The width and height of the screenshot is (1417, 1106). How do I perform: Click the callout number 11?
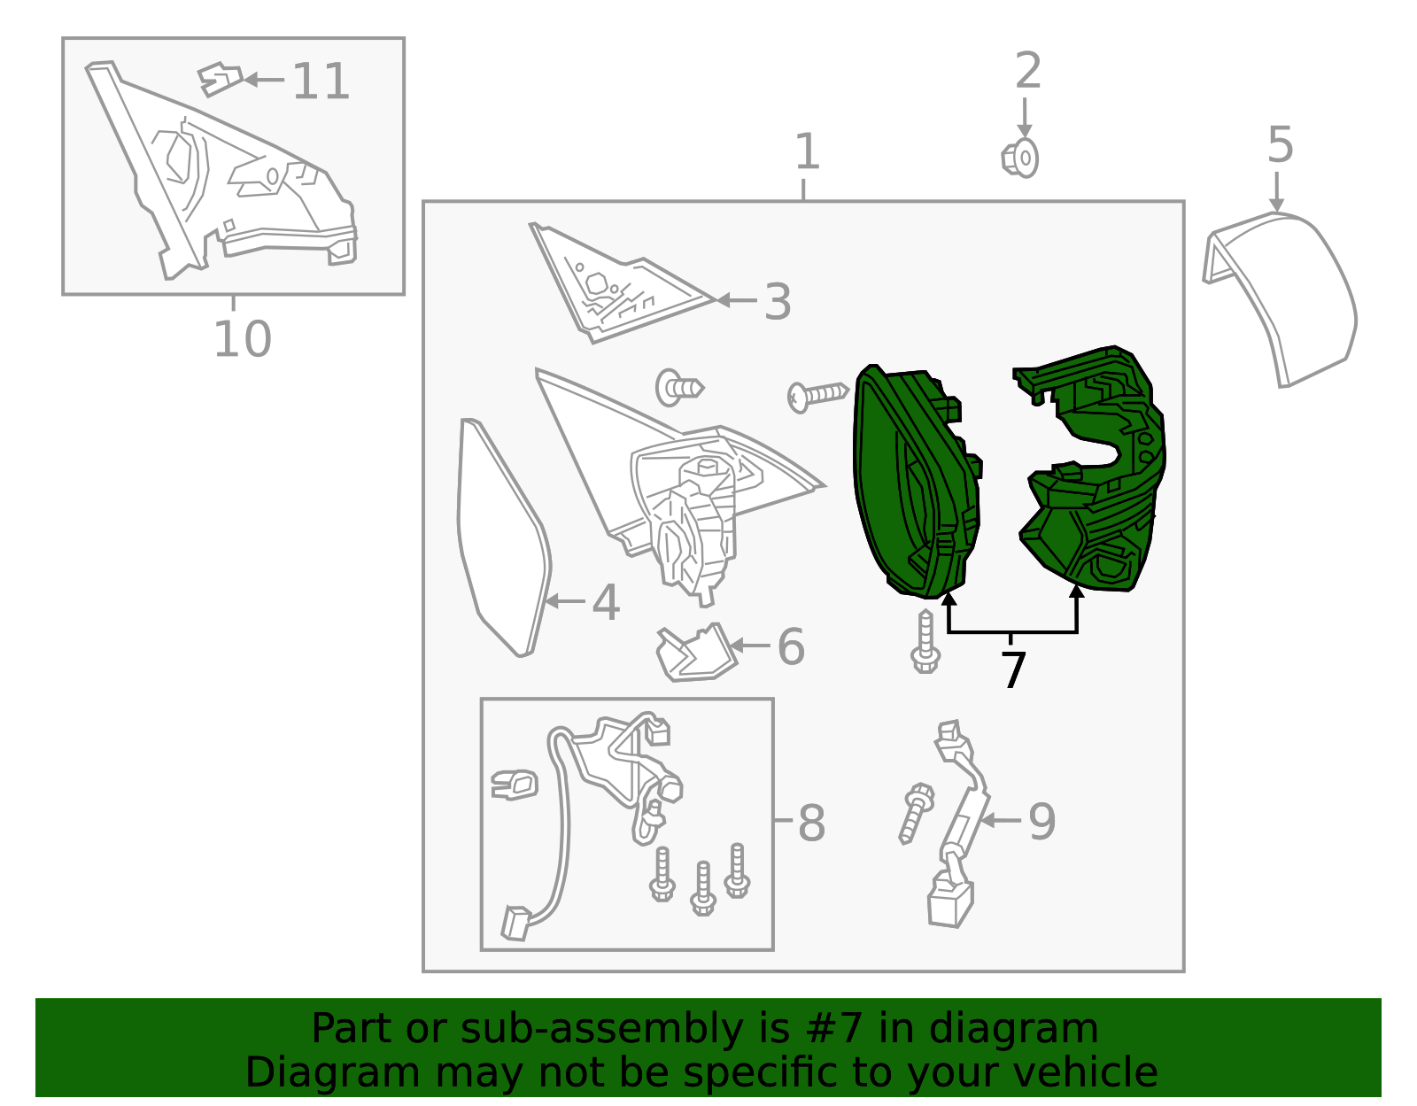tap(321, 81)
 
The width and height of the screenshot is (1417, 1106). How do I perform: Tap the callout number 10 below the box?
tap(242, 339)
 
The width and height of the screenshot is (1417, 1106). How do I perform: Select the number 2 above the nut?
tap(1027, 71)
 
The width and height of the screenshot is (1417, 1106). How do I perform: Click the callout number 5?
tap(1281, 145)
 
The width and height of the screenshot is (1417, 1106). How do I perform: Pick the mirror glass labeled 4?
tap(500, 540)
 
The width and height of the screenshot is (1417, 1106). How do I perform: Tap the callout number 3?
tap(777, 303)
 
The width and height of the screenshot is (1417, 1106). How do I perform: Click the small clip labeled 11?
tap(220, 78)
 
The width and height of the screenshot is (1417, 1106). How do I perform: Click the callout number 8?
tap(811, 824)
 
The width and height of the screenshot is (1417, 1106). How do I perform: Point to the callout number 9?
tap(1041, 822)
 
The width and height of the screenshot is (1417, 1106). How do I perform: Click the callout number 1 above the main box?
tap(806, 152)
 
